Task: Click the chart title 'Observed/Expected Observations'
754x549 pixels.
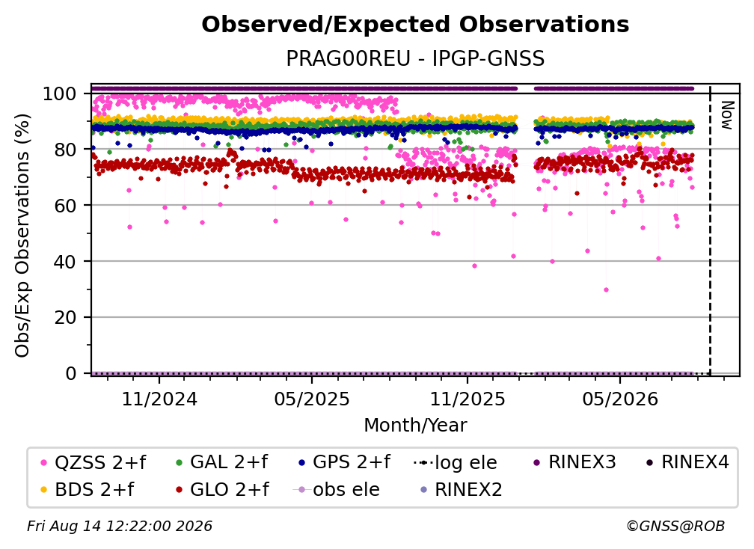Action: click(x=415, y=25)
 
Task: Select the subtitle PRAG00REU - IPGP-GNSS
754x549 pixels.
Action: click(x=415, y=58)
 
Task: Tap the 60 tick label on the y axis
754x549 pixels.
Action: click(x=65, y=206)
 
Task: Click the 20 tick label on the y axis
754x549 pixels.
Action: click(x=65, y=318)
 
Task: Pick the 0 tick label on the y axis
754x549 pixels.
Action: click(x=71, y=373)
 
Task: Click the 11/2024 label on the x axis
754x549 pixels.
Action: click(x=159, y=399)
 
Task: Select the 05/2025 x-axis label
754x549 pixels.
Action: click(x=312, y=399)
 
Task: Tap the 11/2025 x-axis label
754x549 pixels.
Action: click(x=468, y=399)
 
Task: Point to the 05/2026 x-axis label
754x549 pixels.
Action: click(x=620, y=399)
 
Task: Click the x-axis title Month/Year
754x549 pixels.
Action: click(x=415, y=425)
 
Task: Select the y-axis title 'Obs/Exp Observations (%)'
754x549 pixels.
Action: click(x=22, y=235)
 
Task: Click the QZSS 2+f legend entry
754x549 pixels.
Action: click(x=94, y=462)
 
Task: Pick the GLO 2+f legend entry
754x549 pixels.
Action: click(x=223, y=490)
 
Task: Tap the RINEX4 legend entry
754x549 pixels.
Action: click(x=687, y=462)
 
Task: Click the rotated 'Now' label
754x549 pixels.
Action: click(x=726, y=115)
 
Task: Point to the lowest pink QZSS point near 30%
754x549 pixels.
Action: click(x=607, y=290)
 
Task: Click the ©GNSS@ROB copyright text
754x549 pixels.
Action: click(x=675, y=526)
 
